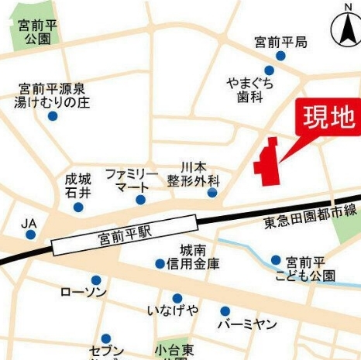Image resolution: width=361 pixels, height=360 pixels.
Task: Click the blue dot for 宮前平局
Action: coord(280,57)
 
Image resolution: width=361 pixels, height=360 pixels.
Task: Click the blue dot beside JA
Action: coord(29,233)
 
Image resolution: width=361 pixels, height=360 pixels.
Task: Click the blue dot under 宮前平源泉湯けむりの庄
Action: coord(52,116)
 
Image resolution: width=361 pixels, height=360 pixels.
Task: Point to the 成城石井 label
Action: coord(78,184)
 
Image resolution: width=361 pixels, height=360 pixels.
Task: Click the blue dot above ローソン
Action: coord(96,280)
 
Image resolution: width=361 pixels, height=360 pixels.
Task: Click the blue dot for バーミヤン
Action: coord(225,310)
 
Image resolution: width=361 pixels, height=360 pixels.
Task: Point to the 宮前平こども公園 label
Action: coord(310,268)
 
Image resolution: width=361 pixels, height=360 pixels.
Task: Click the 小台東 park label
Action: coord(172,351)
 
